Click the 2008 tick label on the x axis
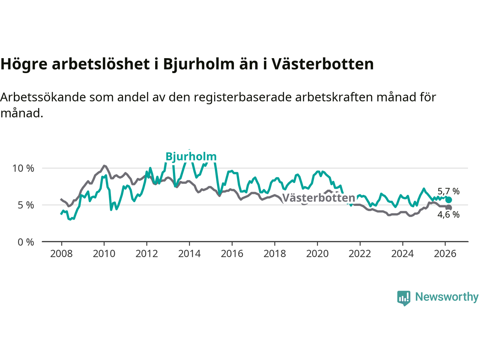coord(61,254)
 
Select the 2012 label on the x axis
coord(147,254)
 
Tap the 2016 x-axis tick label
coord(232,254)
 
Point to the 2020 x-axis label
coord(317,254)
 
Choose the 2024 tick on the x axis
coord(402,254)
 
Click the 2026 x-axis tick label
coord(445,254)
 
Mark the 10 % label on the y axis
coord(23,168)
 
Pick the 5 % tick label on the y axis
coord(25,205)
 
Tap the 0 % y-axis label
coord(25,242)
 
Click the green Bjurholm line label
coord(191,156)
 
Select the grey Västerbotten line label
coord(318,198)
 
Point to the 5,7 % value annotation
coord(448,191)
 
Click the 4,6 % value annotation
coord(448,214)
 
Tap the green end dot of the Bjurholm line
coord(448,200)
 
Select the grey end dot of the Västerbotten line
coord(448,208)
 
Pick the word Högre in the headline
coord(24,64)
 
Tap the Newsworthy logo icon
coord(403,298)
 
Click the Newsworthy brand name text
coord(447,297)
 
